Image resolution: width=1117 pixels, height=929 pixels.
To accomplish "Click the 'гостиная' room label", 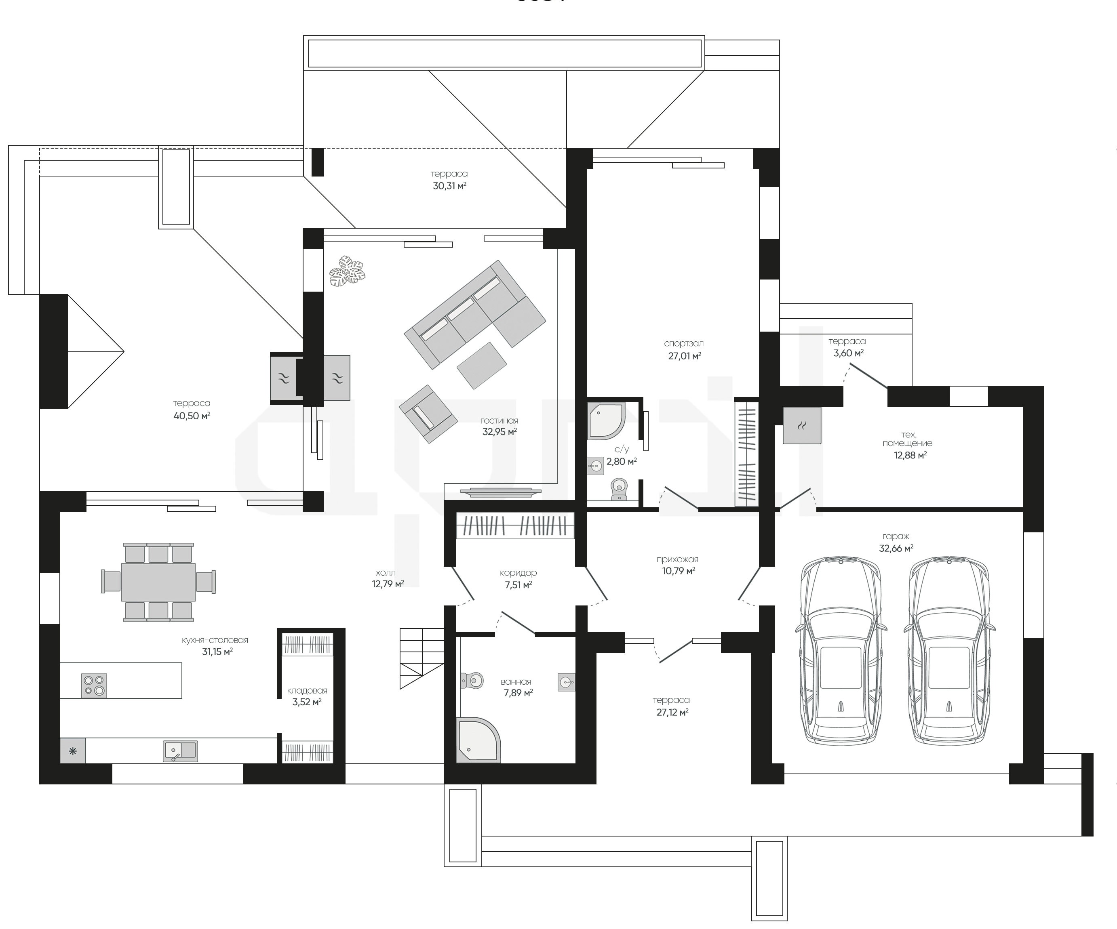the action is click(x=499, y=420).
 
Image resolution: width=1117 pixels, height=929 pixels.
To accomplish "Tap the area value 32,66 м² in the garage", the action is click(x=896, y=548).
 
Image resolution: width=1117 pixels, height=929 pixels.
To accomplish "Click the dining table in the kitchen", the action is click(x=158, y=582).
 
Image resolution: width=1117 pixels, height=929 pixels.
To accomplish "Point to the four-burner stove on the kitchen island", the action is click(x=94, y=685).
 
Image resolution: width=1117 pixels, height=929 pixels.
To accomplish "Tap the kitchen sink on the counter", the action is click(x=180, y=750).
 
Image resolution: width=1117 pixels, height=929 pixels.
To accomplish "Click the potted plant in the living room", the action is click(x=347, y=271).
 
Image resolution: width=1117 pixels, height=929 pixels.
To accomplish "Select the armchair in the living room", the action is click(x=428, y=414).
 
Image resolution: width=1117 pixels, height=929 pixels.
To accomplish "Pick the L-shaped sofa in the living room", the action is click(x=475, y=314).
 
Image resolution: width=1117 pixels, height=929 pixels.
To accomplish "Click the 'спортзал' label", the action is click(x=684, y=343).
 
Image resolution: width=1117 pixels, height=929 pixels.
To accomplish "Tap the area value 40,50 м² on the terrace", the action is click(x=192, y=416).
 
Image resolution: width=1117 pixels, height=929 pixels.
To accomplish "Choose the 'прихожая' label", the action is click(x=677, y=559).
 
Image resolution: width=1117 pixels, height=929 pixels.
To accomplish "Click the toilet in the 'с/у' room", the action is click(x=619, y=489).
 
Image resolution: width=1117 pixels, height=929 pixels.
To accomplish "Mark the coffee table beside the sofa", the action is click(x=482, y=366).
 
